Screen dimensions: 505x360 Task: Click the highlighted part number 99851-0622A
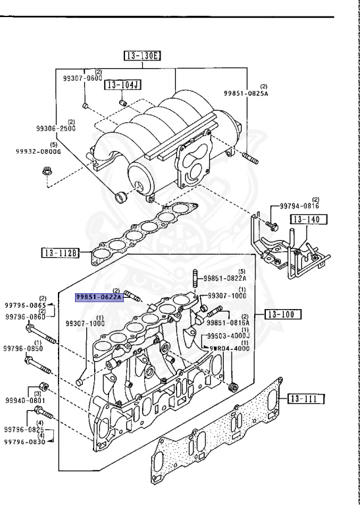tap(99, 297)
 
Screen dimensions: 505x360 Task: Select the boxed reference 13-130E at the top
tap(141, 56)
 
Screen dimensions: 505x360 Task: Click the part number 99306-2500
tap(55, 129)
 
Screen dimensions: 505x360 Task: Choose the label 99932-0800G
tap(39, 151)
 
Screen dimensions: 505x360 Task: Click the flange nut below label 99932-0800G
tap(47, 173)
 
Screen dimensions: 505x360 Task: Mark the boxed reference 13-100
tap(282, 314)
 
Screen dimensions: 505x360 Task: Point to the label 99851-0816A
tap(228, 323)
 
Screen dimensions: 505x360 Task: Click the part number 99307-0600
tap(83, 78)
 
